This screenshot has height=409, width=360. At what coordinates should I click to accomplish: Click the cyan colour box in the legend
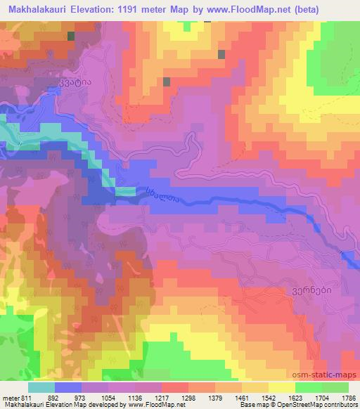[x=41, y=387]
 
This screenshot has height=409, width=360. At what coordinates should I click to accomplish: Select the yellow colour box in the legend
[x=281, y=387]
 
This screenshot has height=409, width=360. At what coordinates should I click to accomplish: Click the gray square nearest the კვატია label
[x=70, y=36]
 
